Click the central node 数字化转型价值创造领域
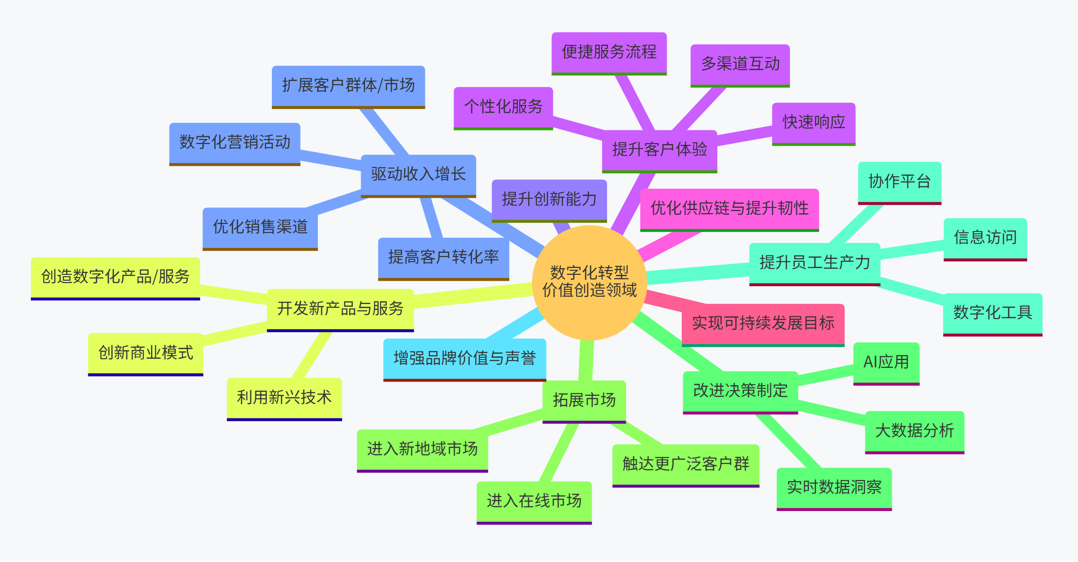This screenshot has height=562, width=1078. point(589,282)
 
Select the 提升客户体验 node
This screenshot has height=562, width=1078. point(659,150)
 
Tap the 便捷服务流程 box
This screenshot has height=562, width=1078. point(609,52)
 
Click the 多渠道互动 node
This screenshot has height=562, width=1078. point(740,64)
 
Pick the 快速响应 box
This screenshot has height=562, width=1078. point(813,123)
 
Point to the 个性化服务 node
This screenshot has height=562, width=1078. point(503,107)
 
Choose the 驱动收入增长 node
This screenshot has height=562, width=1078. point(418,175)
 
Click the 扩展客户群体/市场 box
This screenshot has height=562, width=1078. point(348,86)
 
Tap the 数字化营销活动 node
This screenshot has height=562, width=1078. point(235,143)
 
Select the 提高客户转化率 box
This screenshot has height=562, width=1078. point(443,258)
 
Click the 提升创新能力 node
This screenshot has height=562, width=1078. point(549,200)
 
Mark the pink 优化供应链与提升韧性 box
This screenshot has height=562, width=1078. point(729,209)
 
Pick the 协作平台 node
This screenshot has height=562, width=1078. point(899,182)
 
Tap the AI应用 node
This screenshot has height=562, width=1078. point(886,362)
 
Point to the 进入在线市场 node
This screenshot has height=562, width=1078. point(534,501)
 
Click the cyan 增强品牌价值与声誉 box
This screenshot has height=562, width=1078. point(465,359)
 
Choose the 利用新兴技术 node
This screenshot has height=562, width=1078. point(284,398)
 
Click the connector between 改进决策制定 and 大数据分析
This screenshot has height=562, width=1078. point(832,412)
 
